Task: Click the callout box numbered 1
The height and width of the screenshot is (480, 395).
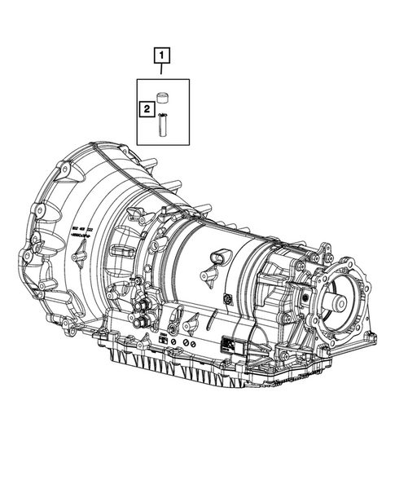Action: [x=164, y=55]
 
